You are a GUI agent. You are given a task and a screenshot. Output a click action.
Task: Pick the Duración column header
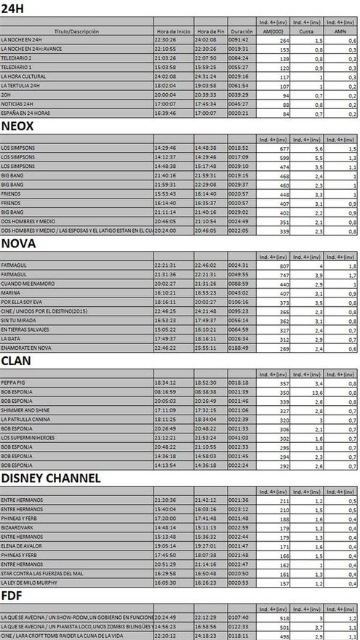[x=241, y=32]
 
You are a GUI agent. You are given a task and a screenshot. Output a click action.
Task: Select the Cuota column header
[x=307, y=32]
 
